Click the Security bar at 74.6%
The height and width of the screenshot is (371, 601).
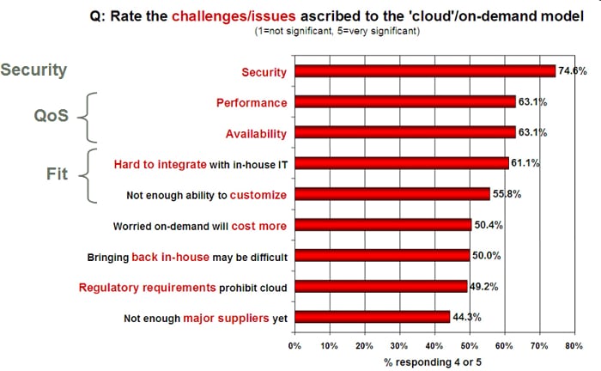point(424,71)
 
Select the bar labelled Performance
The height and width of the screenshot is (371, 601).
point(404,102)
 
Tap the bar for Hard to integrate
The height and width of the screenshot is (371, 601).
point(401,163)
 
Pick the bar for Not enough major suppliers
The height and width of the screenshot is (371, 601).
point(372,317)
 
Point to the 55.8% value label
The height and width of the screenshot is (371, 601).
point(507,194)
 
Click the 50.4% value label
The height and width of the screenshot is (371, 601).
point(489,224)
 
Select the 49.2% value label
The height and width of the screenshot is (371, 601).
point(484,286)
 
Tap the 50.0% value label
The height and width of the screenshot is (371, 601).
point(487,255)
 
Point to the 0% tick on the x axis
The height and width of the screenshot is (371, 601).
point(294,345)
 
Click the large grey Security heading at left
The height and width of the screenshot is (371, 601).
point(33,70)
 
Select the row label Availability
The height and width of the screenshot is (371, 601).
point(256,133)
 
